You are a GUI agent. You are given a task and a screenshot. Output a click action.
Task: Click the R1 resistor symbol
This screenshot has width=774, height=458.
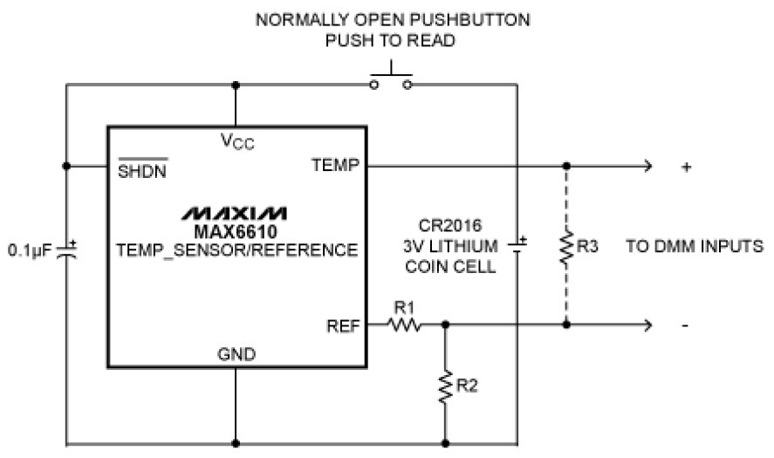coord(405,325)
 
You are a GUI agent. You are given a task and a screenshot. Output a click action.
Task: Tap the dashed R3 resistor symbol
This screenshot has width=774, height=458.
coord(566,247)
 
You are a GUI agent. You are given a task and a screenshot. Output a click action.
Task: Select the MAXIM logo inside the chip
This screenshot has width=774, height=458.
coord(235,213)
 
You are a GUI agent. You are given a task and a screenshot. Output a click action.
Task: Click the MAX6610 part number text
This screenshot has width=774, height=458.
coord(235,231)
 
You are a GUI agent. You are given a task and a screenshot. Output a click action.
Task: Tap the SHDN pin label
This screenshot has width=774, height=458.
coord(142,167)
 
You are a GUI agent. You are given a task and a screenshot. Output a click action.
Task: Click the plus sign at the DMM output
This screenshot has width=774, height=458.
coord(687,166)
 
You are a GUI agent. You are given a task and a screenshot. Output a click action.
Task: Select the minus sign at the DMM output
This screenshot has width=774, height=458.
coord(686,325)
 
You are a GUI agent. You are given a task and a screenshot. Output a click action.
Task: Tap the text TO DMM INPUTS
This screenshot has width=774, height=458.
coord(694,247)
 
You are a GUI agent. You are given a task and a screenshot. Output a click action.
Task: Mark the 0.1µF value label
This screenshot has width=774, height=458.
coord(28,250)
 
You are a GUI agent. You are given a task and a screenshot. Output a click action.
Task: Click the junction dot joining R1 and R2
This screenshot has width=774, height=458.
coord(446,325)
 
